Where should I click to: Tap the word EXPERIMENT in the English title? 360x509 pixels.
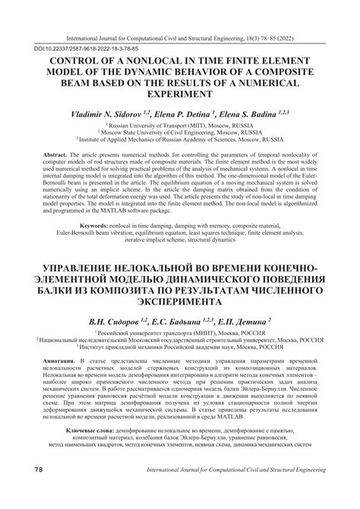point(179,96)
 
